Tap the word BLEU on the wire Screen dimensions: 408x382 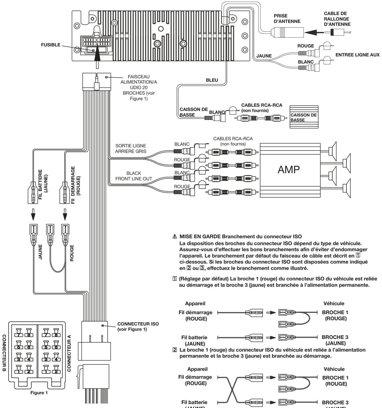212,80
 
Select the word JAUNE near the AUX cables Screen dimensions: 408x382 264,56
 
